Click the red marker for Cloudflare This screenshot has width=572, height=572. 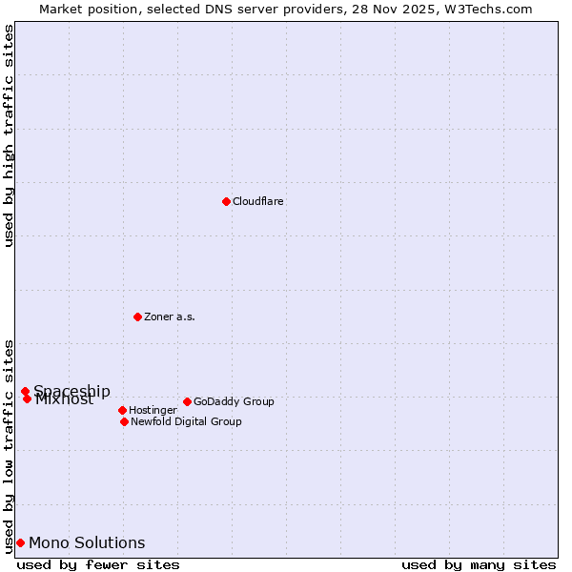(x=226, y=201)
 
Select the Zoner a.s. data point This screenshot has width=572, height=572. (x=137, y=317)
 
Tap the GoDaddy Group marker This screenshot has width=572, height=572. (x=187, y=401)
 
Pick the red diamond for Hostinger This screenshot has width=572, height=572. (x=122, y=410)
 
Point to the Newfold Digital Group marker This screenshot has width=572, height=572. (x=124, y=421)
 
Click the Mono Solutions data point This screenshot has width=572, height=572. (x=20, y=542)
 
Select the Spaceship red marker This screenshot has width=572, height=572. (x=25, y=391)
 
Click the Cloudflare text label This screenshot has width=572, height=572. (x=258, y=202)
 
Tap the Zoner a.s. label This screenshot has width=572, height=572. (x=170, y=317)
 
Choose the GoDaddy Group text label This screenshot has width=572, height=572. (x=234, y=402)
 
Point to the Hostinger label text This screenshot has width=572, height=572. (x=153, y=411)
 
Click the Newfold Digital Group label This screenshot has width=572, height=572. (x=186, y=422)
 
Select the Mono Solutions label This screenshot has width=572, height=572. (x=87, y=543)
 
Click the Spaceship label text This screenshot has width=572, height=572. (x=71, y=391)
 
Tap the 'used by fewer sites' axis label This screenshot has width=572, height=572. (x=98, y=564)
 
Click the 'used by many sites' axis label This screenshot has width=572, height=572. (x=479, y=564)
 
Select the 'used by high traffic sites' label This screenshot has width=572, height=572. (x=9, y=135)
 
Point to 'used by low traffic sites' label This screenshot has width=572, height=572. (x=9, y=446)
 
